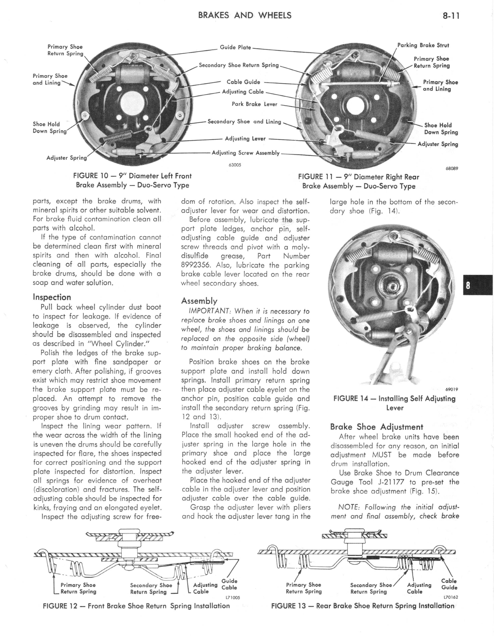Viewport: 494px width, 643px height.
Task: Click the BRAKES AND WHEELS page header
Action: tap(245, 15)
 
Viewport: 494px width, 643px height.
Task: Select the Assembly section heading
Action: tap(199, 301)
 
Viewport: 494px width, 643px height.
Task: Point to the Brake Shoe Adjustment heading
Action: tap(376, 427)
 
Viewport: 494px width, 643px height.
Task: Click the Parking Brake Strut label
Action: tap(423, 45)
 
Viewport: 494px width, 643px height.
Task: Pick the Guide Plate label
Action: tap(235, 47)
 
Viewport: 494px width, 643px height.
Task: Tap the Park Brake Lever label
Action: tap(254, 104)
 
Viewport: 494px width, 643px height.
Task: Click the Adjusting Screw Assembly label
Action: tap(246, 153)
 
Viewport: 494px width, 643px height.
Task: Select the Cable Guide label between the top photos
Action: tap(243, 82)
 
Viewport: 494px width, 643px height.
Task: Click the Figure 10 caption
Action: tap(132, 180)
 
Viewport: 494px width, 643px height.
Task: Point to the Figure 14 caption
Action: tap(394, 403)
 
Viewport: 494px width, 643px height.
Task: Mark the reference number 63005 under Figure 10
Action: tap(235, 165)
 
